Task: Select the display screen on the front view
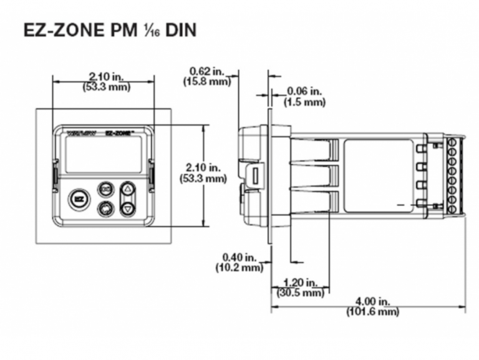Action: (103, 155)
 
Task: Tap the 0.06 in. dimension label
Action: (304, 91)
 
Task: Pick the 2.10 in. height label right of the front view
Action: (206, 168)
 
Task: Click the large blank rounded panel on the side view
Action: (378, 167)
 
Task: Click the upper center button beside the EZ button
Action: (105, 189)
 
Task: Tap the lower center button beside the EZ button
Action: (105, 208)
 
